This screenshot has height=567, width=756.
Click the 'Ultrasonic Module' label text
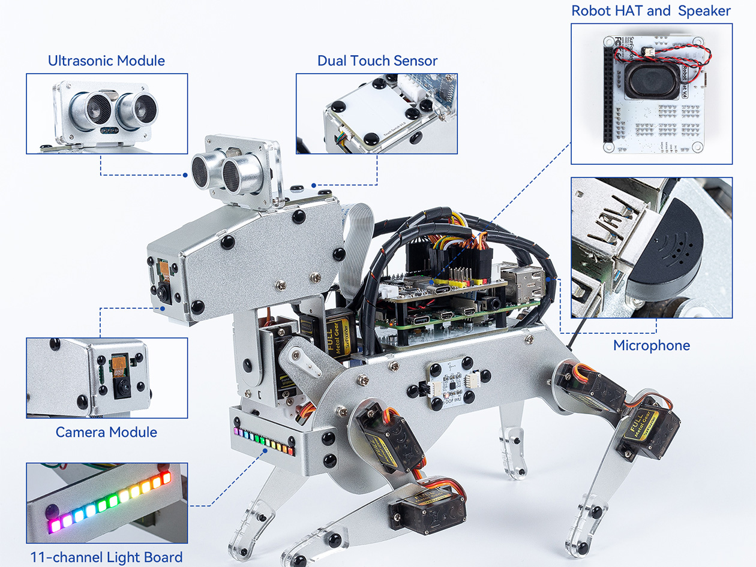(x=106, y=61)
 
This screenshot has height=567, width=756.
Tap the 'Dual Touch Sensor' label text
(x=377, y=61)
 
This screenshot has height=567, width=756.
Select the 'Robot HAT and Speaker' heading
(x=651, y=11)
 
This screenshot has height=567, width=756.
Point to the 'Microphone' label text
(x=651, y=345)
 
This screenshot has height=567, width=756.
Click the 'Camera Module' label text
(x=106, y=432)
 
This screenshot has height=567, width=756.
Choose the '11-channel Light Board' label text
(x=106, y=557)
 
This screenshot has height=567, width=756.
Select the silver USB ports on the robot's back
(x=524, y=282)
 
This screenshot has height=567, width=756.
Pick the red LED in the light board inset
(x=166, y=478)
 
